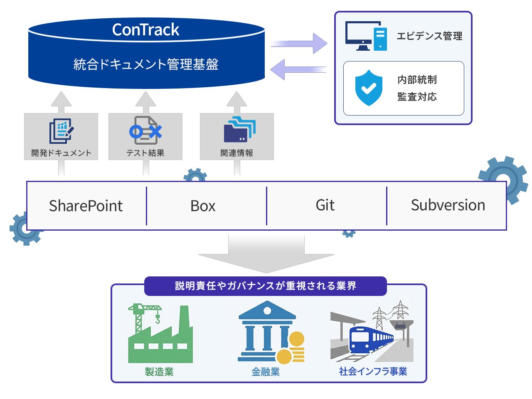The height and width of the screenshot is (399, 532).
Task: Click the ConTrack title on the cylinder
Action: click(x=146, y=30)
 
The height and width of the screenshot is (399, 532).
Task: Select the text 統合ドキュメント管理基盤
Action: click(x=146, y=64)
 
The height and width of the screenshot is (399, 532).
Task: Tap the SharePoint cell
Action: click(x=86, y=206)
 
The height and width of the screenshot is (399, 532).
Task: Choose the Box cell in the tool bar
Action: click(x=203, y=206)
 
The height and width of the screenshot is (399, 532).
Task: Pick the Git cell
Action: click(x=325, y=205)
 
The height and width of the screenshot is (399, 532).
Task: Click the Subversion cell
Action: click(x=448, y=205)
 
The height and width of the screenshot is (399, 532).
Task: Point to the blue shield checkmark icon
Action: click(x=369, y=88)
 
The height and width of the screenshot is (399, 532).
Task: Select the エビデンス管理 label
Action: click(x=429, y=36)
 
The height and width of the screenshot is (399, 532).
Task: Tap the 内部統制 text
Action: click(x=417, y=79)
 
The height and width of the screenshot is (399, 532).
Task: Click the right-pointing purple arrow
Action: click(x=299, y=44)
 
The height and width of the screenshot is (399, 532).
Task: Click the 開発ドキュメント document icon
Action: click(x=62, y=131)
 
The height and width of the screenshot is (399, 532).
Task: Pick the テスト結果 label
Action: click(x=145, y=153)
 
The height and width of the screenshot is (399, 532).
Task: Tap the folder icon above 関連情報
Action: click(x=239, y=130)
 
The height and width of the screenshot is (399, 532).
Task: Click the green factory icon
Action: click(x=160, y=335)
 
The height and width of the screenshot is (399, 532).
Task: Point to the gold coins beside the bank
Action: click(x=293, y=349)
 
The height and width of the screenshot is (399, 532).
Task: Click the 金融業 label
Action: click(x=266, y=372)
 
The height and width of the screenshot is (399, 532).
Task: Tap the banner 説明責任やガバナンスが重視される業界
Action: click(x=266, y=286)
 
